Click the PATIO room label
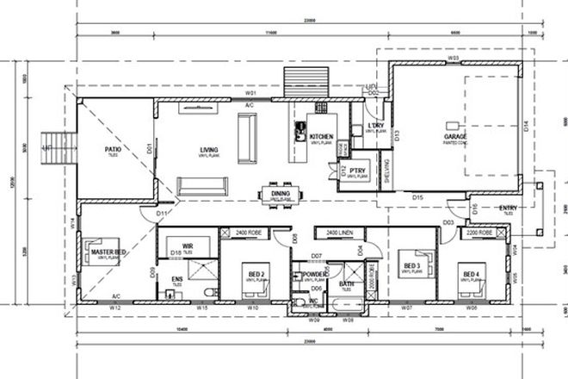(x=113, y=149)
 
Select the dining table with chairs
(x=281, y=192)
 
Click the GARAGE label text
(x=455, y=136)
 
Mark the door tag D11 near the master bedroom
(x=162, y=213)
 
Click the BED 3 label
(x=411, y=265)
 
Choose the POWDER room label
(x=314, y=275)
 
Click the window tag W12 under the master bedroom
(x=114, y=307)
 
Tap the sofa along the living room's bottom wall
(x=203, y=186)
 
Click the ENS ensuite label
(x=177, y=279)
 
